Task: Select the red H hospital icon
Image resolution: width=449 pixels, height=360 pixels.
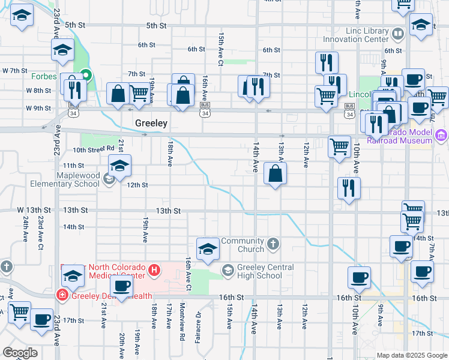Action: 154,270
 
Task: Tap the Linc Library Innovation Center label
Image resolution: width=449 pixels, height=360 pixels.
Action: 359,35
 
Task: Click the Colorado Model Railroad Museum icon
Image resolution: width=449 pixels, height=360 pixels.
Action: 442,134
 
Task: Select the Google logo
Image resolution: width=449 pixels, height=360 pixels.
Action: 20,352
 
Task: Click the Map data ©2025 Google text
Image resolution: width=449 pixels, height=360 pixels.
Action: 411,355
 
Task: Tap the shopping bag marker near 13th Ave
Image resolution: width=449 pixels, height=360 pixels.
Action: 274,174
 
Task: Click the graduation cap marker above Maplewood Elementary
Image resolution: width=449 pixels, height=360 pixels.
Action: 119,166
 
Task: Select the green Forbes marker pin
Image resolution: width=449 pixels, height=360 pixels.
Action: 86,76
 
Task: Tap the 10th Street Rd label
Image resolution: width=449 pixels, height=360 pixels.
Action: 94,149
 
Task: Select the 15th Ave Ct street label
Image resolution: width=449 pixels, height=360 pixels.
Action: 221,49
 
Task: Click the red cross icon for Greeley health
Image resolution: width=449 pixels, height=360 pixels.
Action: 61,295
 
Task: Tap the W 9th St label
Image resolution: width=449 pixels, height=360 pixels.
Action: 39,109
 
